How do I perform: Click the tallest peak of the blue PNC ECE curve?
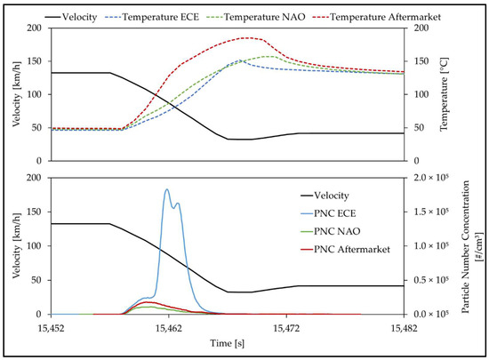click(x=167, y=189)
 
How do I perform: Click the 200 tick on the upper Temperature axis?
click(x=415, y=28)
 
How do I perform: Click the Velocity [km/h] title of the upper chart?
click(x=13, y=81)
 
